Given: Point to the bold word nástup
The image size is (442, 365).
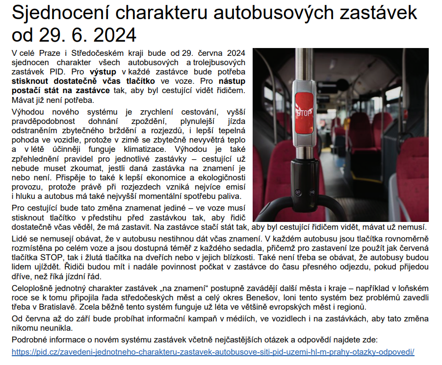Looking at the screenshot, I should click(233, 81).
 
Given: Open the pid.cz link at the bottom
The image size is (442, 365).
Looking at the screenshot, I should click(213, 352).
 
